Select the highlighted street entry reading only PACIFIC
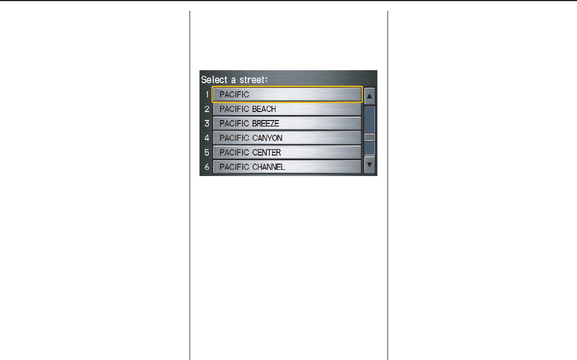coord(287,95)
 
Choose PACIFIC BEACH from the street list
coord(287,109)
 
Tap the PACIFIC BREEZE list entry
coord(287,123)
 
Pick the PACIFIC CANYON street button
coord(287,138)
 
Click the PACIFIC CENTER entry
coord(287,152)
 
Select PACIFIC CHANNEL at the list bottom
coord(287,167)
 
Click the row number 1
coord(206,95)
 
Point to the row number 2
coord(207,109)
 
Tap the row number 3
coord(207,123)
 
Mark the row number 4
coord(207,138)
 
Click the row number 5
coord(207,152)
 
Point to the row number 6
coord(207,167)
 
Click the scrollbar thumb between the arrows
coord(369,137)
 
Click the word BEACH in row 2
coord(264,109)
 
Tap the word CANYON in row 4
coord(267,138)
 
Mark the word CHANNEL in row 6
coord(269,167)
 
